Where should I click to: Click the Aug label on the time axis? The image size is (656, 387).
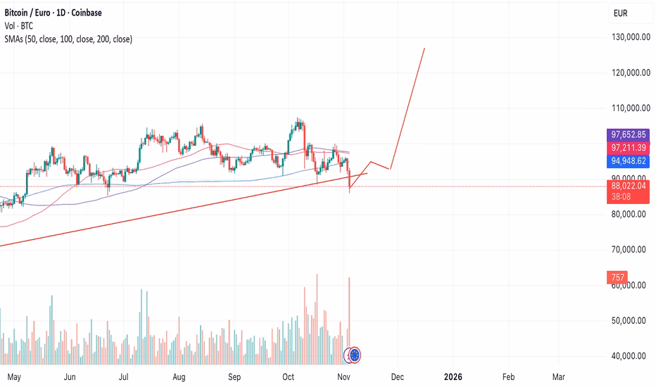tap(179, 376)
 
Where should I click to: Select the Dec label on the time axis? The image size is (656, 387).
tap(397, 376)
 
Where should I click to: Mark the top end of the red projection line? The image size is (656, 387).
tap(424, 49)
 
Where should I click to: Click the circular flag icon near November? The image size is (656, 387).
tap(355, 355)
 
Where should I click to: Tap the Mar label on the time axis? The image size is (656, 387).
tap(559, 376)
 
